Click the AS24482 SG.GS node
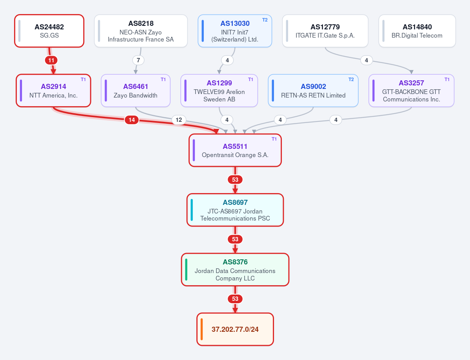click(x=49, y=31)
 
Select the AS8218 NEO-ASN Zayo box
click(x=141, y=31)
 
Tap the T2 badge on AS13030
click(x=265, y=20)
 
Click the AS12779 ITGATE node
click(x=325, y=31)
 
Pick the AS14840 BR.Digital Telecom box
click(x=417, y=31)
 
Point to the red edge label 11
click(x=51, y=60)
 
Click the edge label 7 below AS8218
click(x=138, y=60)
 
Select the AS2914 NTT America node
click(x=53, y=90)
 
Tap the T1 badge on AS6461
click(x=163, y=80)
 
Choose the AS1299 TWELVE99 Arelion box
click(x=219, y=90)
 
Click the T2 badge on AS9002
click(x=351, y=80)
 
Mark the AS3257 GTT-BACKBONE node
click(x=411, y=90)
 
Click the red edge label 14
click(x=132, y=120)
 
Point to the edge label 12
click(x=179, y=120)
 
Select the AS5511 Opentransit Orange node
click(x=235, y=150)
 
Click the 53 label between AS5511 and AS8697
click(x=235, y=180)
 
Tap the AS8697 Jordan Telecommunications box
click(x=235, y=210)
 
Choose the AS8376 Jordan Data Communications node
click(x=235, y=270)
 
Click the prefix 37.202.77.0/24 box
click(x=235, y=329)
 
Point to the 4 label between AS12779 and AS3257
click(x=366, y=60)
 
